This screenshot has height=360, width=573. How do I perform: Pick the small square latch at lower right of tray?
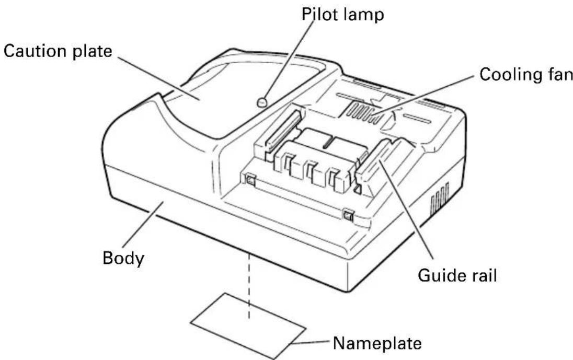pos(347,214)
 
